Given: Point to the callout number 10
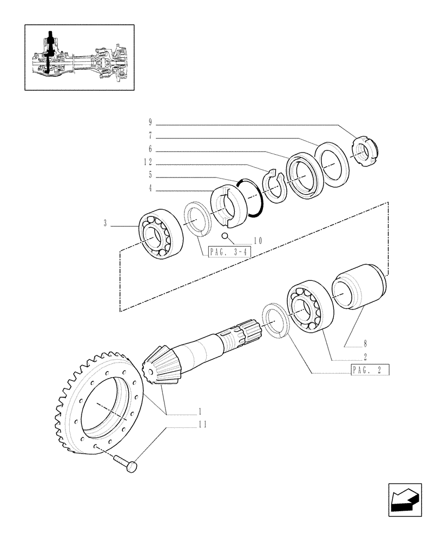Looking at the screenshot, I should click(x=256, y=241).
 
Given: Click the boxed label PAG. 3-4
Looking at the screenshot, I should click(x=225, y=252).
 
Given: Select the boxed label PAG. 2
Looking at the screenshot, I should click(x=370, y=370).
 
